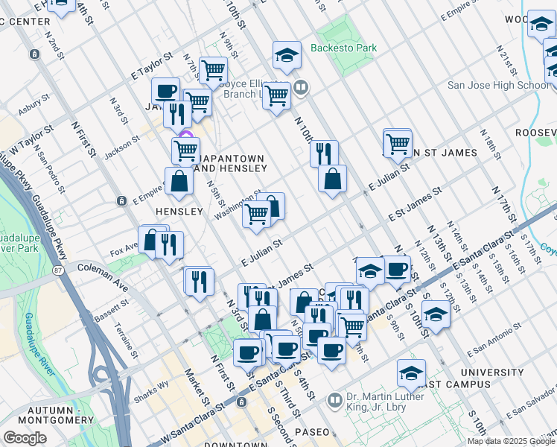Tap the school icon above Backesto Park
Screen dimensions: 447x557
285,55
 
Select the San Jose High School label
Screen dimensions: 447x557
498,86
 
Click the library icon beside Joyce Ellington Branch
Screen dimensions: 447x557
301,87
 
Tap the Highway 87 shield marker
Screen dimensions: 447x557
59,267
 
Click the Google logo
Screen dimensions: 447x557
25,438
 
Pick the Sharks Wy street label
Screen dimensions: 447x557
152,390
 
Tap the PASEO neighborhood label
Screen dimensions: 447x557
311,432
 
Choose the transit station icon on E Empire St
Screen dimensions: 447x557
121,201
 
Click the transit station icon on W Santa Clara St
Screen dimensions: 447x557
241,402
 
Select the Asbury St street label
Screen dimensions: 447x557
34,102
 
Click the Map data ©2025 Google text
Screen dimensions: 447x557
510,441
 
